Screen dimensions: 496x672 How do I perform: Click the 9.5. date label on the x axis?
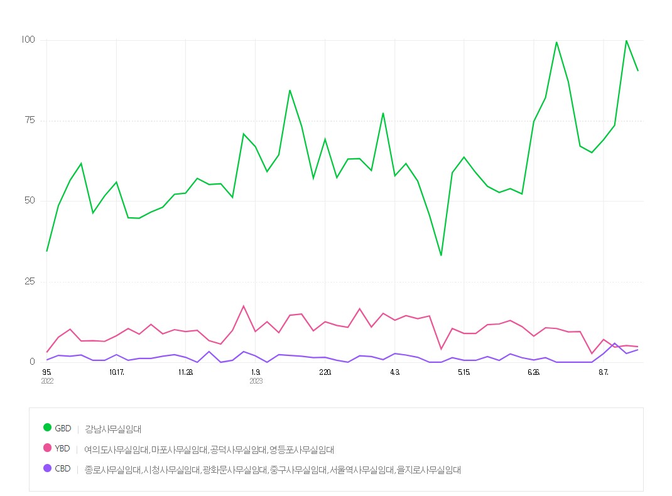pos(47,372)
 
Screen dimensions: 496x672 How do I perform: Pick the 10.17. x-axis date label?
pos(116,372)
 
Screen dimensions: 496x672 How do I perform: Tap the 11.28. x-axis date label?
pos(186,372)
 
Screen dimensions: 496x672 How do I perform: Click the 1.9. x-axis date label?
pos(256,372)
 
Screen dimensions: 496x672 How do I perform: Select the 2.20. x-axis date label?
pos(325,372)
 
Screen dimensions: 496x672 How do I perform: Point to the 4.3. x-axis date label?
pos(394,372)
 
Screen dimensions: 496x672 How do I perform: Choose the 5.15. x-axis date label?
pos(464,372)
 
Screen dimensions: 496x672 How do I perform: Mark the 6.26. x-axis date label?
pos(534,372)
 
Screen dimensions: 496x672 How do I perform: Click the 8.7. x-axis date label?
pos(604,372)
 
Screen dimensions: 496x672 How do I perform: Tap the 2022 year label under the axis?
pos(48,381)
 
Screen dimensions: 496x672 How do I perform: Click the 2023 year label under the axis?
pos(256,381)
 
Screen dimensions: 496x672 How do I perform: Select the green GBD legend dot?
pos(47,428)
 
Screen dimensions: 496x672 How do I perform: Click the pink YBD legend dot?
pos(47,448)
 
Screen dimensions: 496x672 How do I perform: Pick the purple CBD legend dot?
pos(47,468)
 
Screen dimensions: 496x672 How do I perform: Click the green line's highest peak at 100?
pos(626,41)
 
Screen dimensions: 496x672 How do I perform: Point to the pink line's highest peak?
pos(244,306)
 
